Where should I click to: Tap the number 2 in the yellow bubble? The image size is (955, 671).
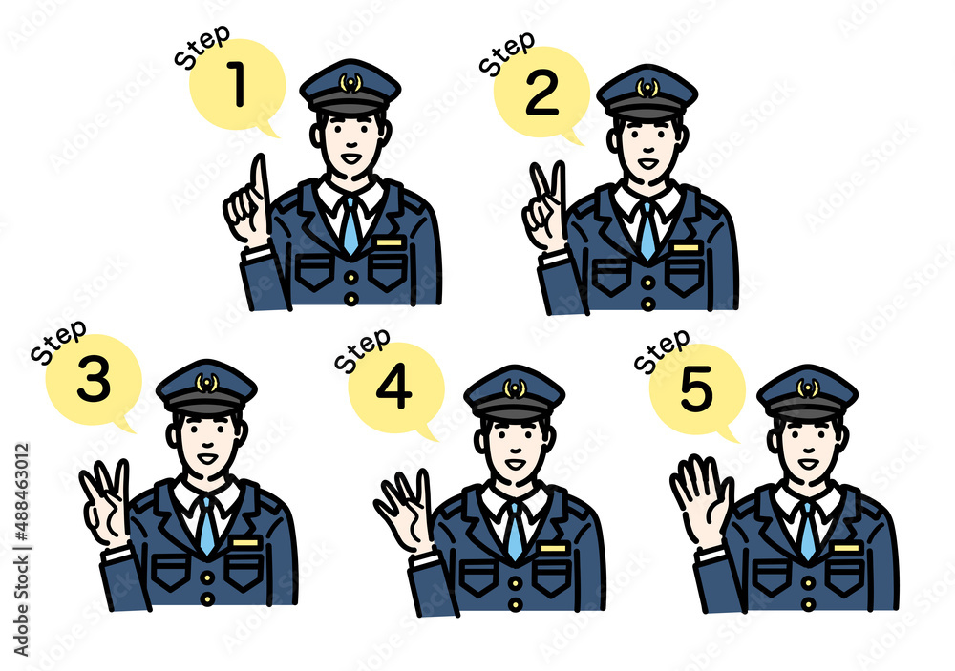pyautogui.click(x=541, y=93)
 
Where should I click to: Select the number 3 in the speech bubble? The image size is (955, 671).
pyautogui.click(x=94, y=379)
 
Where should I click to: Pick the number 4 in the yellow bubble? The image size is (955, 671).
pyautogui.click(x=394, y=388)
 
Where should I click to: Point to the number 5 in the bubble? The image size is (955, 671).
pyautogui.click(x=696, y=388)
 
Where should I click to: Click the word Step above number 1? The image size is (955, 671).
pyautogui.click(x=202, y=46)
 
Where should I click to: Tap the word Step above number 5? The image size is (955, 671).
pyautogui.click(x=662, y=350)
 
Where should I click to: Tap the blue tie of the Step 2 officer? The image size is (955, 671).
pyautogui.click(x=647, y=231)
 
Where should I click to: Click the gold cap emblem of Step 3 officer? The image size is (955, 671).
pyautogui.click(x=206, y=383)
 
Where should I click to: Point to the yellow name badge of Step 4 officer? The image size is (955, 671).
pyautogui.click(x=553, y=548)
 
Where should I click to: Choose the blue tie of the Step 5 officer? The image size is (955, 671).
pyautogui.click(x=808, y=531)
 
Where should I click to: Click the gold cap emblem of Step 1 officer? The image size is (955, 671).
pyautogui.click(x=350, y=83)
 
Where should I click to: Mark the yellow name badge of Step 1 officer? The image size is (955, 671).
pyautogui.click(x=390, y=242)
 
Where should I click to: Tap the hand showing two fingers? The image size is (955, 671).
pyautogui.click(x=544, y=207)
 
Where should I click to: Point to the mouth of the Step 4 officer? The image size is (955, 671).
pyautogui.click(x=516, y=463)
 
